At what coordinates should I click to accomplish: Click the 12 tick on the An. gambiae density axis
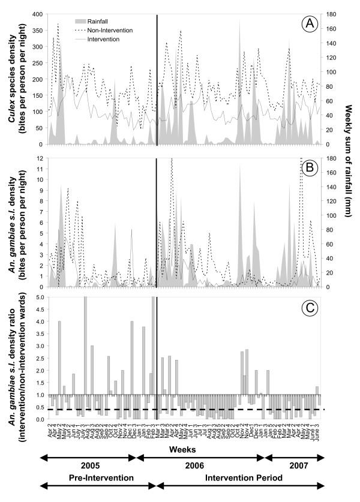(39, 158)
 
